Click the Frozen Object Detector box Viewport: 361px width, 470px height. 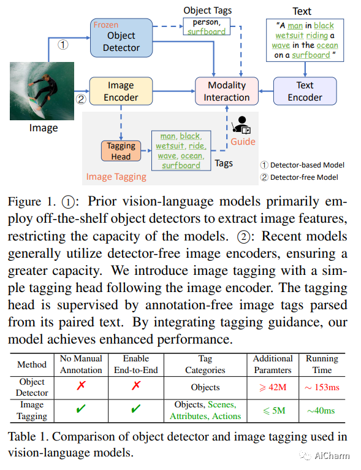[121, 38]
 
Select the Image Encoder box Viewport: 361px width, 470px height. [121, 91]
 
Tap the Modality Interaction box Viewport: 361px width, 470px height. [227, 91]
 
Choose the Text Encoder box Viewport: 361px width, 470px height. [305, 91]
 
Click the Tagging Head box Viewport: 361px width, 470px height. [121, 151]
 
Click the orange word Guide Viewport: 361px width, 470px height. [243, 142]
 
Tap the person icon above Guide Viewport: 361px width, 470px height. [241, 125]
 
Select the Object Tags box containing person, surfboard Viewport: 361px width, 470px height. [207, 26]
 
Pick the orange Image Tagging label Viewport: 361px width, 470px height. [116, 177]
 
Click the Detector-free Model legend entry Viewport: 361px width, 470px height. [299, 177]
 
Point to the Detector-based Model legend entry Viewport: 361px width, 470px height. [302, 165]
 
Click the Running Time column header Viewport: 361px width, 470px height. [322, 364]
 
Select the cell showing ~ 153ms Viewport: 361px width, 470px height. [322, 387]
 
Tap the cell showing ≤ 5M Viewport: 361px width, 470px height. [274, 410]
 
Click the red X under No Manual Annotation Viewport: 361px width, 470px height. [81, 385]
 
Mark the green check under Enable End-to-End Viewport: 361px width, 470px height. [136, 408]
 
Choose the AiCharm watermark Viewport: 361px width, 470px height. [324, 456]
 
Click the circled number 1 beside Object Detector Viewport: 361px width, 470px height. [63, 45]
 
